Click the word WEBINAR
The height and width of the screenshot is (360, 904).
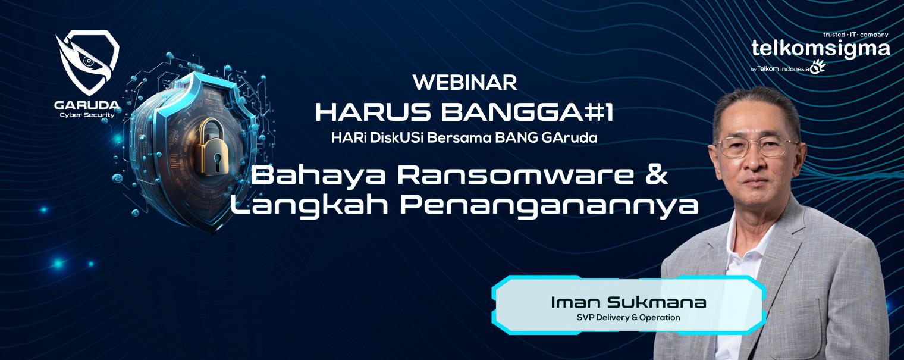click(x=464, y=83)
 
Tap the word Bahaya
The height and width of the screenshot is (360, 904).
click(x=318, y=177)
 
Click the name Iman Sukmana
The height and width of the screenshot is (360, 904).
click(x=629, y=302)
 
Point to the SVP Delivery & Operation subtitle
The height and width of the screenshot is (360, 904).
click(x=629, y=318)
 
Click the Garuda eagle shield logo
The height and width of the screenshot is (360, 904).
click(x=87, y=62)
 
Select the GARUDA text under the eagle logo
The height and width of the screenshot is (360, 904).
click(x=87, y=106)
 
